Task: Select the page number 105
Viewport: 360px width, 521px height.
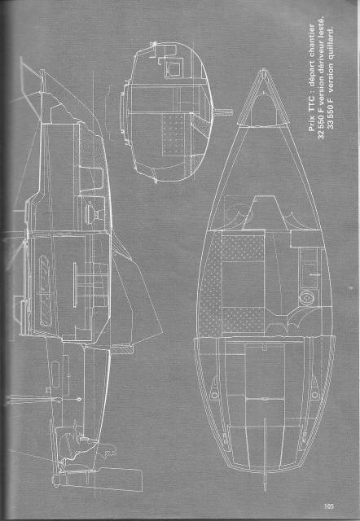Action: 329,506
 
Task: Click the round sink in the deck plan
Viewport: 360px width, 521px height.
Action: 306,297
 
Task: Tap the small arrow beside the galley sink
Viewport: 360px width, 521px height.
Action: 314,275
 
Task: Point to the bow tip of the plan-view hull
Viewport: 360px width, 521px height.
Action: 263,69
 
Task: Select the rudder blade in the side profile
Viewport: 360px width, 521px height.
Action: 99,479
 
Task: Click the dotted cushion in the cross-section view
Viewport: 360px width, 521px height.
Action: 173,135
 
